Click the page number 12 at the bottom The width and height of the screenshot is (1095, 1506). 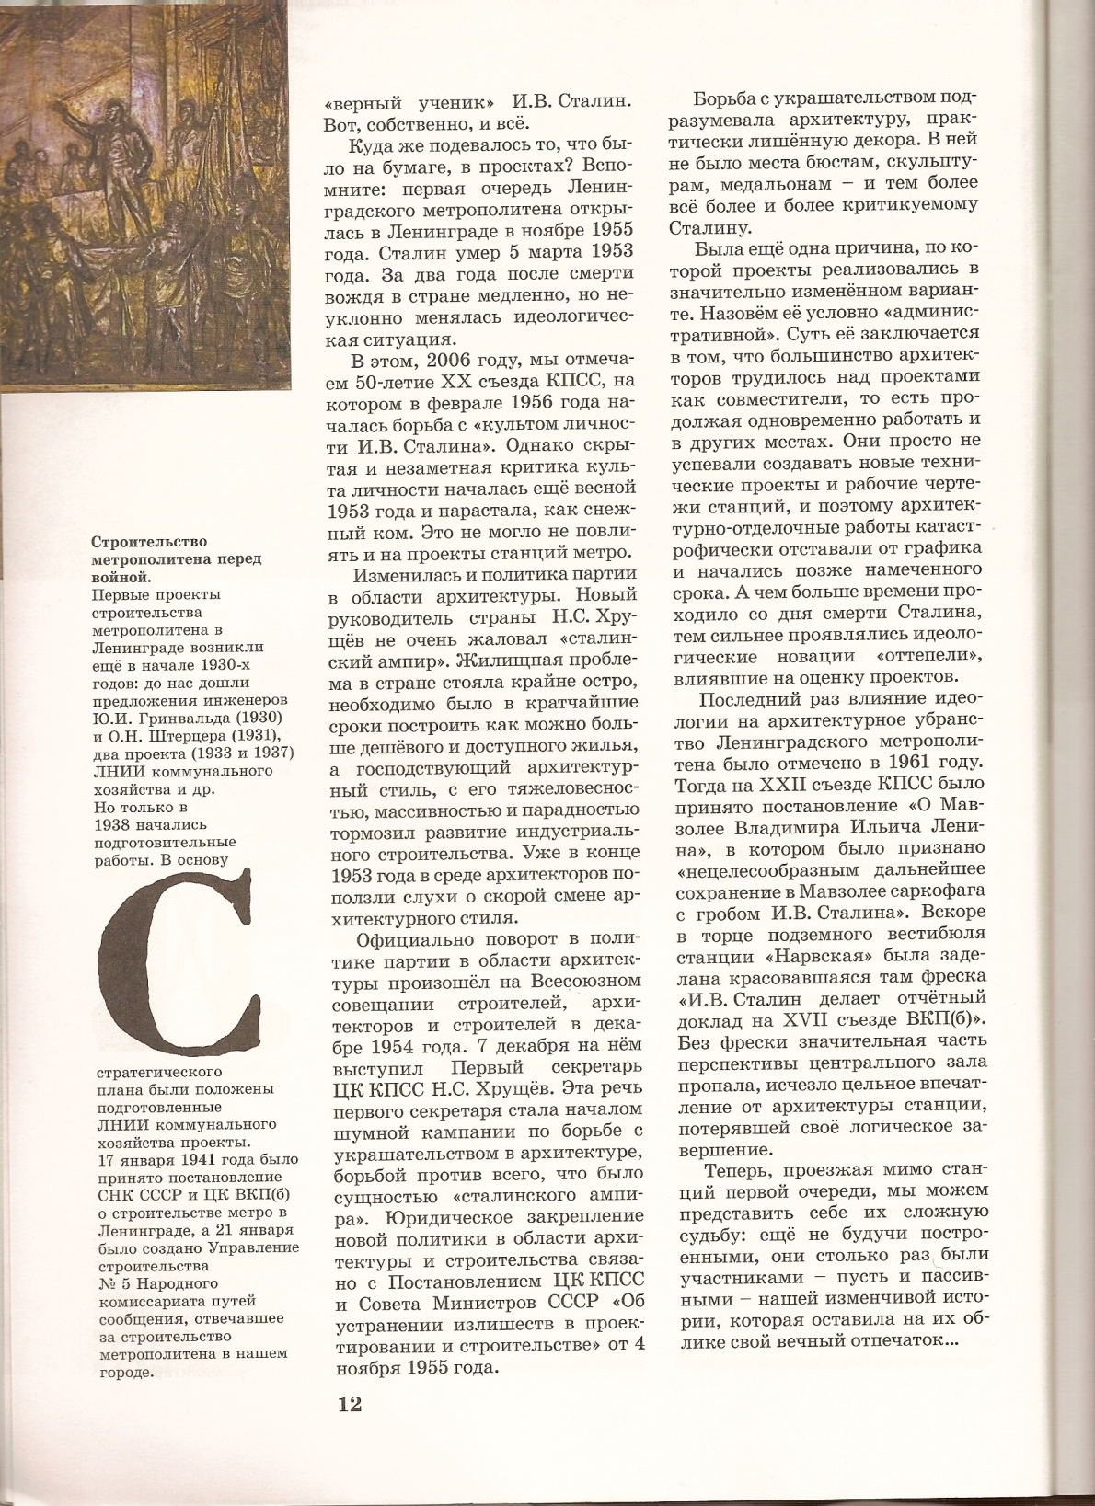[350, 1404]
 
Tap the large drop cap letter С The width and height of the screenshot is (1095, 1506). [176, 965]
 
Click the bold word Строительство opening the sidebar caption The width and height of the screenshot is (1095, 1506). [150, 541]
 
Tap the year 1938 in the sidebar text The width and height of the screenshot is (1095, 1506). [111, 823]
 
